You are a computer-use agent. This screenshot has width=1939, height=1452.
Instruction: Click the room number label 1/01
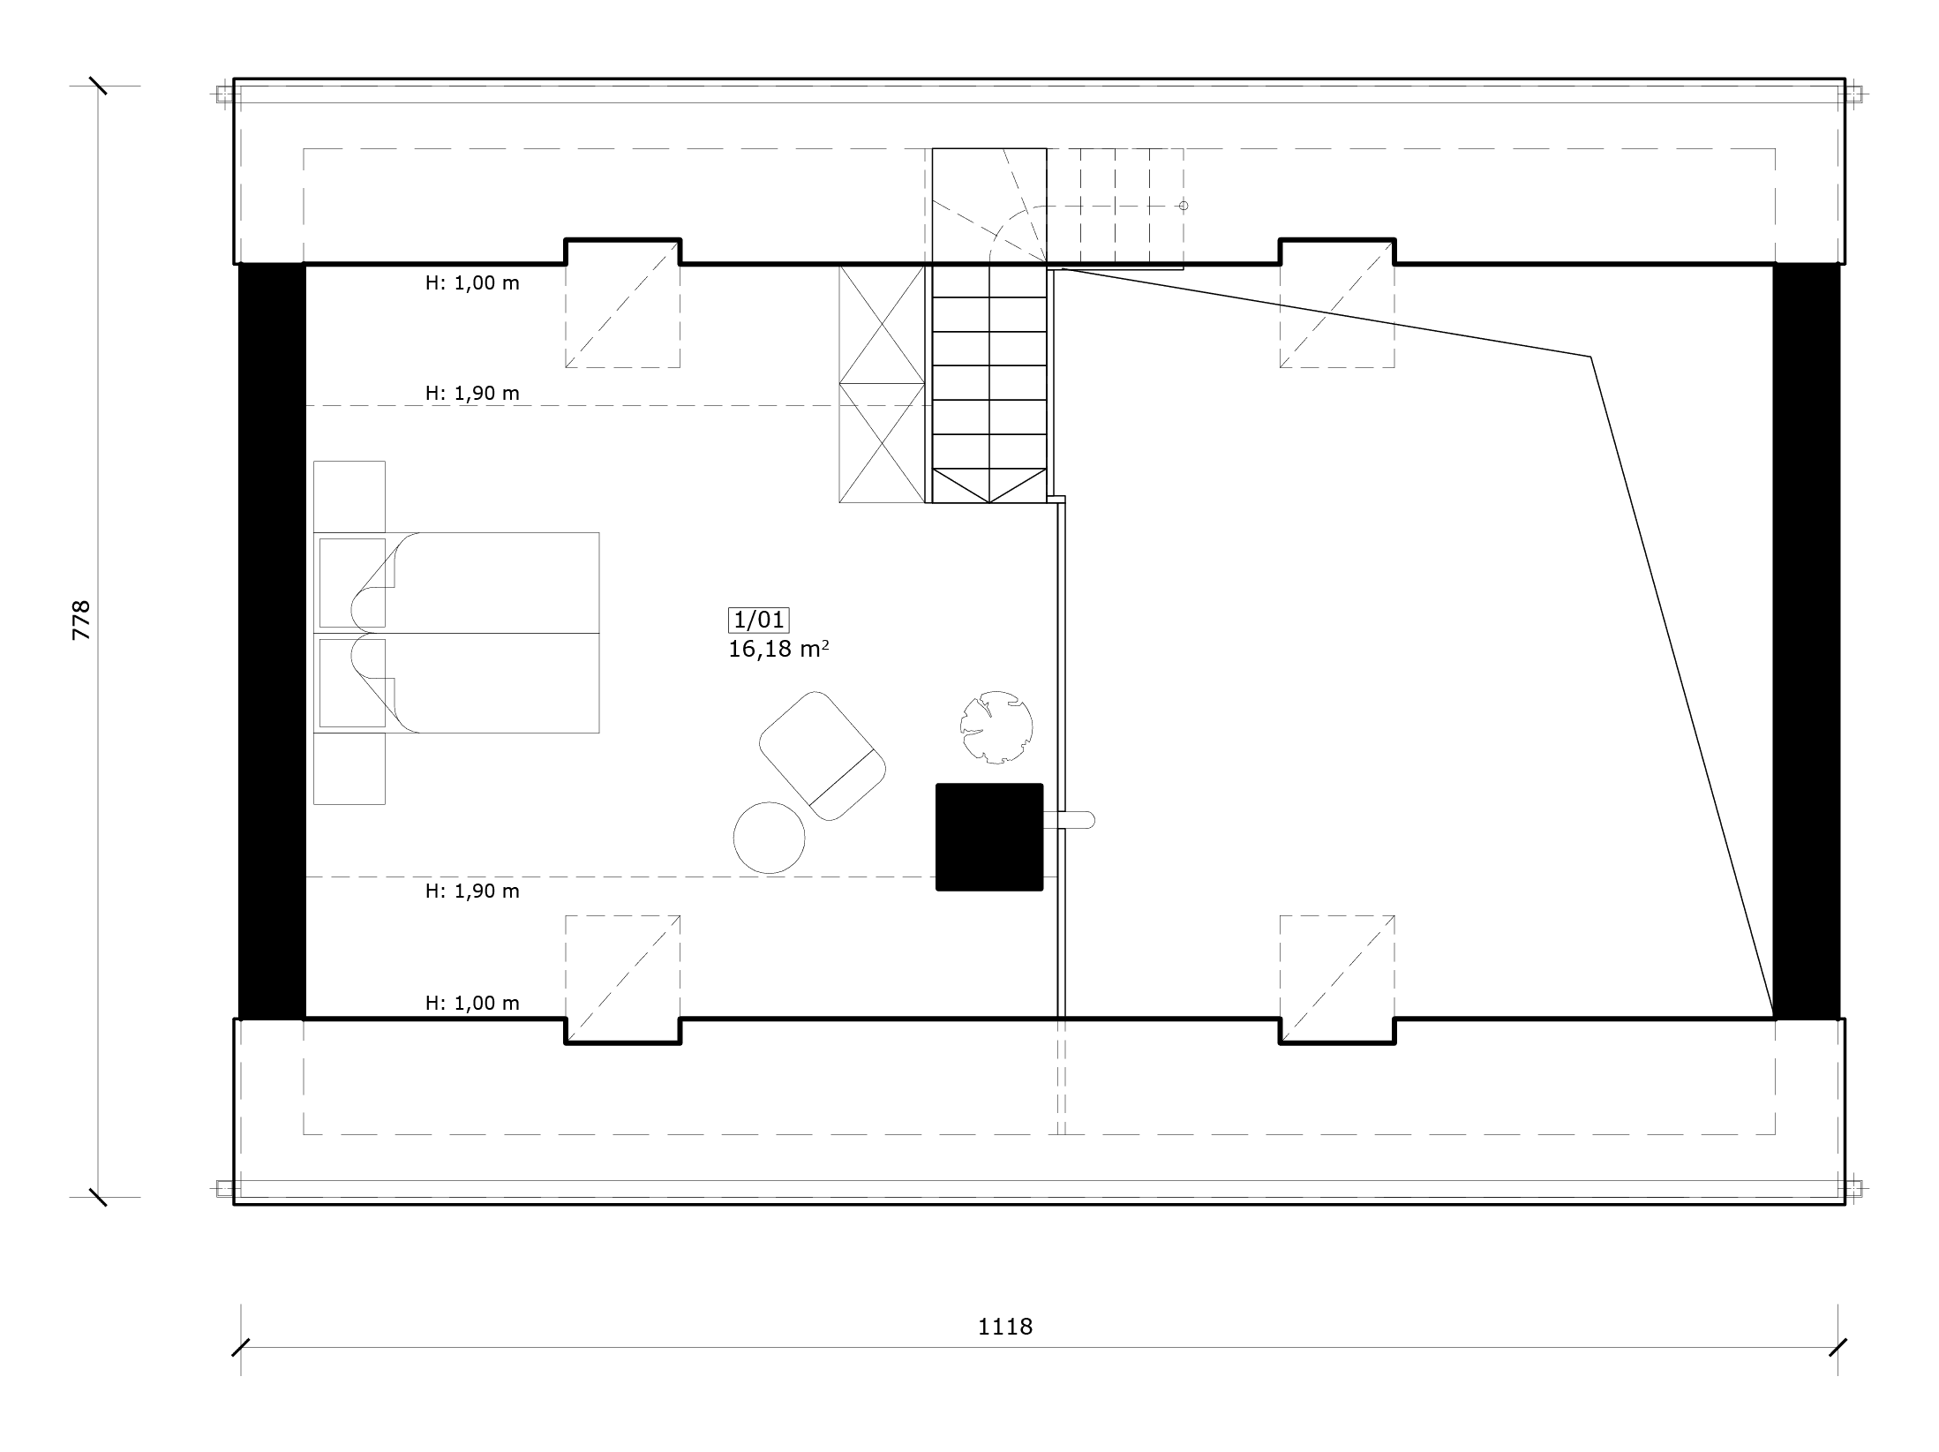[758, 620]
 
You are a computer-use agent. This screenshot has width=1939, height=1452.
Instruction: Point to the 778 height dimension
[81, 620]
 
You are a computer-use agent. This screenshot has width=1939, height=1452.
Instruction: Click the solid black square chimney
[989, 837]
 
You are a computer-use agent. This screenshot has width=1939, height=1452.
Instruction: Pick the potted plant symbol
[996, 726]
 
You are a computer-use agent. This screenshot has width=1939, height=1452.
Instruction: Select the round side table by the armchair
[770, 838]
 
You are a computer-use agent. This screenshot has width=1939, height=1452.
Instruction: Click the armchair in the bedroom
[822, 756]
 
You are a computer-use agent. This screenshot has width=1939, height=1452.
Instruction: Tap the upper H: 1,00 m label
[472, 283]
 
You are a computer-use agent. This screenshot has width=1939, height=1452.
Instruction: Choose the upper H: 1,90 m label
[472, 393]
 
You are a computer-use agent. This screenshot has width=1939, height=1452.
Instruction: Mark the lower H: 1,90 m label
[472, 891]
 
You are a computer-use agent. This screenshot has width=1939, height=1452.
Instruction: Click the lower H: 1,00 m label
[472, 1003]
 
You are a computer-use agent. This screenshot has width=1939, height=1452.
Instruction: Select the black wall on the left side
[272, 641]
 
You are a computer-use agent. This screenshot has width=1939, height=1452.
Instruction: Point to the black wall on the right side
[1807, 641]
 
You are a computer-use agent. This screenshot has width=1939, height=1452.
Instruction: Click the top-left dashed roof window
[622, 303]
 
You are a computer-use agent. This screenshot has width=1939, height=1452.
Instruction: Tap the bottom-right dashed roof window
[1337, 980]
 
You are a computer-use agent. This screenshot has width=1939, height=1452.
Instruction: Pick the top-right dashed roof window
[1337, 303]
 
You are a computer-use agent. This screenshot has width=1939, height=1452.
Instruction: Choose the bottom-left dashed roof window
[622, 980]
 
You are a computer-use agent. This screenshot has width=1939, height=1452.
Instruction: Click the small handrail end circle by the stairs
[1184, 206]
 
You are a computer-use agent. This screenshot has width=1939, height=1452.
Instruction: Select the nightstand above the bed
[349, 496]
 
